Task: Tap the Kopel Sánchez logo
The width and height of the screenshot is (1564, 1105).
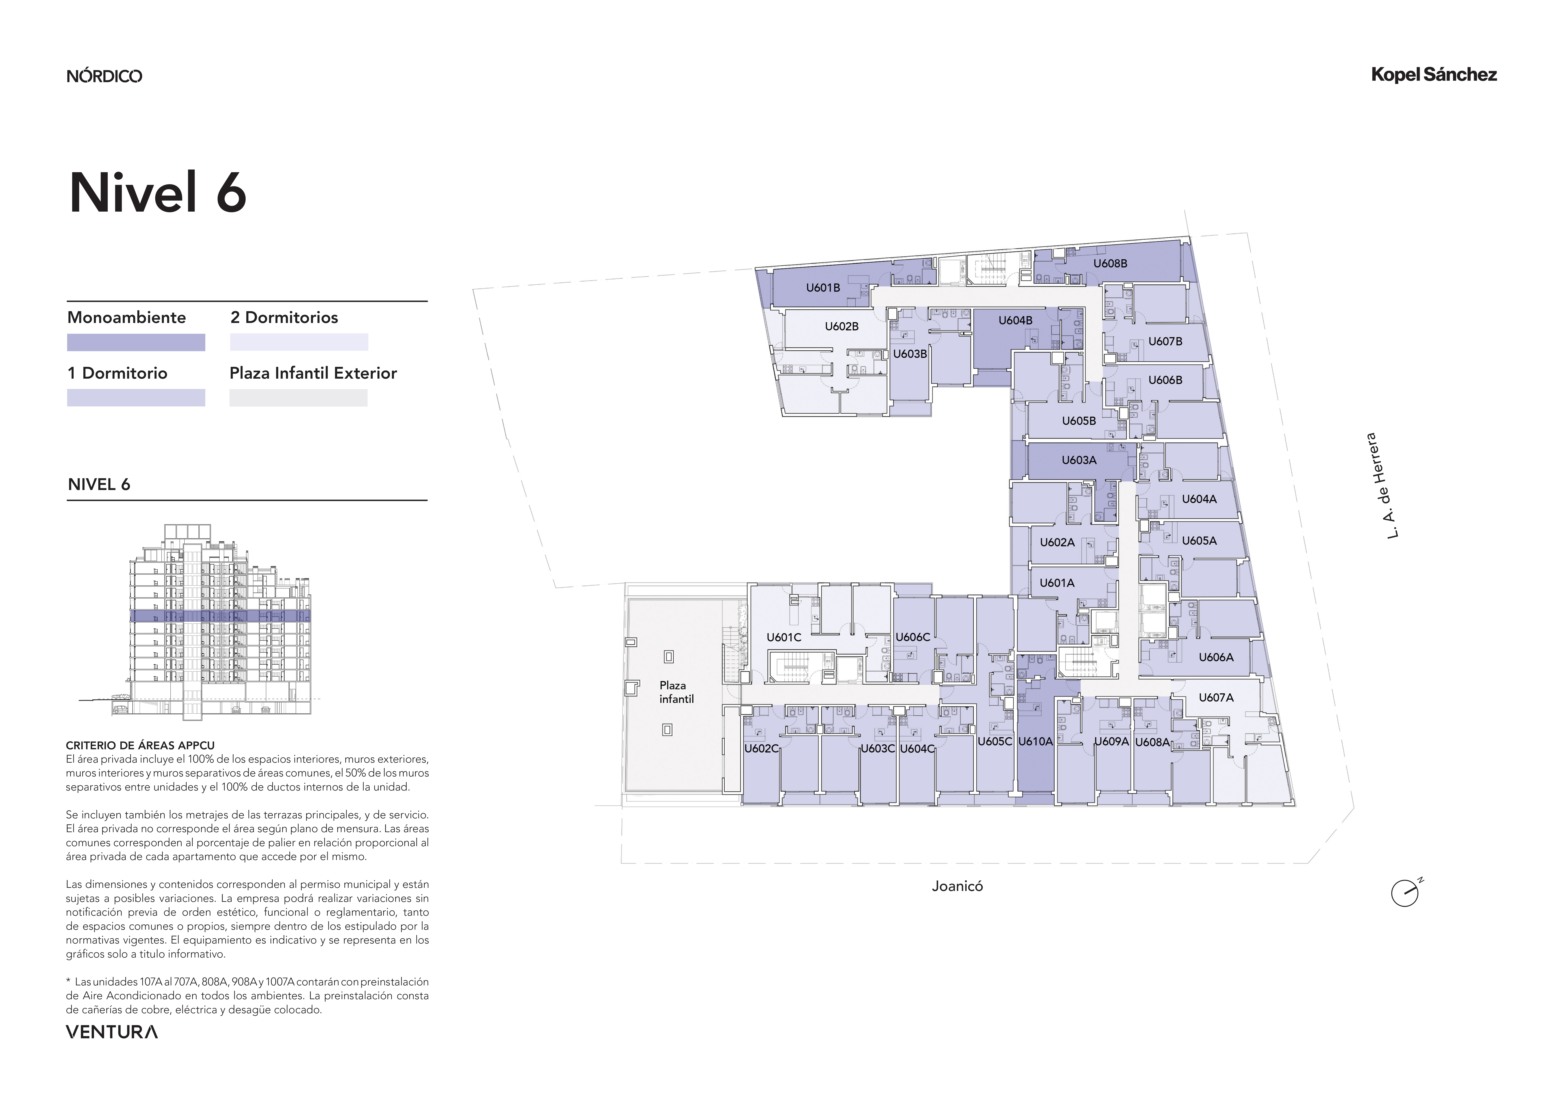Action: pyautogui.click(x=1434, y=75)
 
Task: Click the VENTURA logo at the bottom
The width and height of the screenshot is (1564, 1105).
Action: pyautogui.click(x=112, y=1032)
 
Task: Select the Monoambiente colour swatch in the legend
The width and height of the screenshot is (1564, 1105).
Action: pyautogui.click(x=136, y=343)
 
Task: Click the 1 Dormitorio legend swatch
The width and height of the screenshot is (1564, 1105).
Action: pyautogui.click(x=136, y=398)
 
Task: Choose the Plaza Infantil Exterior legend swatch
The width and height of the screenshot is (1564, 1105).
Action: pyautogui.click(x=298, y=398)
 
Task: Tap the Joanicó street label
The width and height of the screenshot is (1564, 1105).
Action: pyautogui.click(x=957, y=886)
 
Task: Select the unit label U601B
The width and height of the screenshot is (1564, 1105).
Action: pyautogui.click(x=823, y=288)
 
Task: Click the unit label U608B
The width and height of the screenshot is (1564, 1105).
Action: pyautogui.click(x=1110, y=263)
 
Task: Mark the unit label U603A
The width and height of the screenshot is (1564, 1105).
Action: pyautogui.click(x=1079, y=460)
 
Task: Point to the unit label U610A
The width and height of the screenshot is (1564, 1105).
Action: pyautogui.click(x=1035, y=741)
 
